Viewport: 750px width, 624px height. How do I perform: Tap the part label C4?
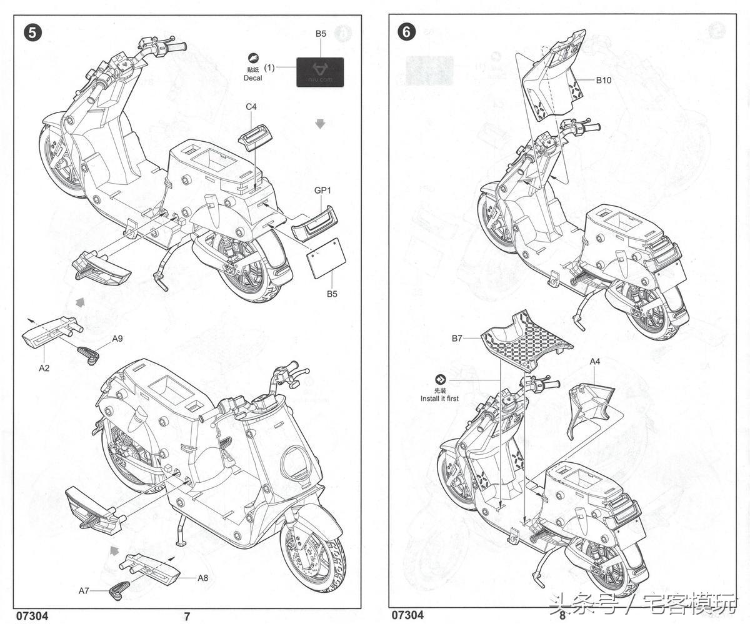click(251, 107)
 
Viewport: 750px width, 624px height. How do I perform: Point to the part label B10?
click(603, 80)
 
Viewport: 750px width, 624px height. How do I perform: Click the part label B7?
click(457, 339)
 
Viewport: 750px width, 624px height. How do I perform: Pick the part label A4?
click(594, 361)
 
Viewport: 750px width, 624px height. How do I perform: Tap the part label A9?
click(117, 339)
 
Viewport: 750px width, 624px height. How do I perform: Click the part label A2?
click(44, 368)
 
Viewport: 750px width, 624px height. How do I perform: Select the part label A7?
click(84, 590)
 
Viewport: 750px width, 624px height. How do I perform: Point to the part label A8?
click(202, 578)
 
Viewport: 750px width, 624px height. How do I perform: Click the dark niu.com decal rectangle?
click(319, 72)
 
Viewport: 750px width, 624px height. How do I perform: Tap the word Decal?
click(253, 78)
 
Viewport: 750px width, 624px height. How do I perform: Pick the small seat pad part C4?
click(254, 137)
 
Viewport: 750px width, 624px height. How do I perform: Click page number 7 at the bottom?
click(187, 616)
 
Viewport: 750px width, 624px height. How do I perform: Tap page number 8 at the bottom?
click(562, 615)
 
